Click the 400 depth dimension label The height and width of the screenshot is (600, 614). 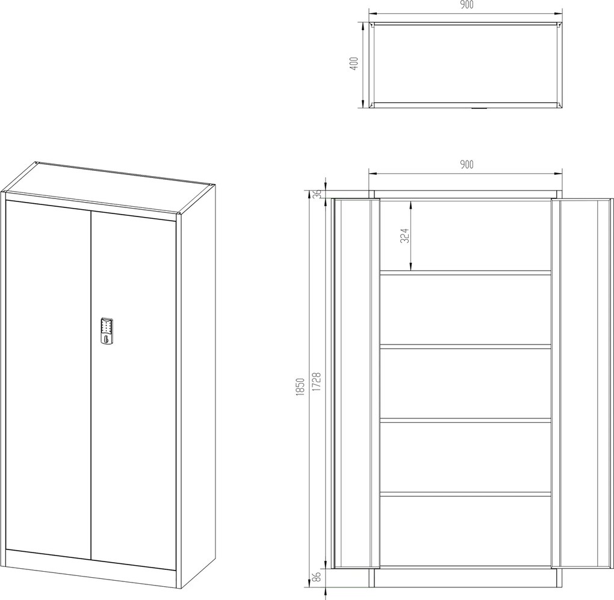354,63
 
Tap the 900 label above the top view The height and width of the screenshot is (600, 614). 466,5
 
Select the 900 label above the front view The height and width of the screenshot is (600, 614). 466,164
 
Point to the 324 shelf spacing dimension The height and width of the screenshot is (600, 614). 405,236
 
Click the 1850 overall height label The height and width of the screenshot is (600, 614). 300,387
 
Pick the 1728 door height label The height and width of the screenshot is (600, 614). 317,382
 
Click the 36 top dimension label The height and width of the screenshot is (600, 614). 318,194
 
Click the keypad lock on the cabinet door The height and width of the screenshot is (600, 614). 107,331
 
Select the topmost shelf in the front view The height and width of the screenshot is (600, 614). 465,272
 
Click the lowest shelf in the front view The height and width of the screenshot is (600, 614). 465,494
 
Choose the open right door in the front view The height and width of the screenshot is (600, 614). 581,384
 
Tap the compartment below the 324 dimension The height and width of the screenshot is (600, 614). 465,310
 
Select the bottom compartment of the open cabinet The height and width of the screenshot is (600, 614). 465,531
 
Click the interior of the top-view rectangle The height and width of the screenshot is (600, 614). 465,65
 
